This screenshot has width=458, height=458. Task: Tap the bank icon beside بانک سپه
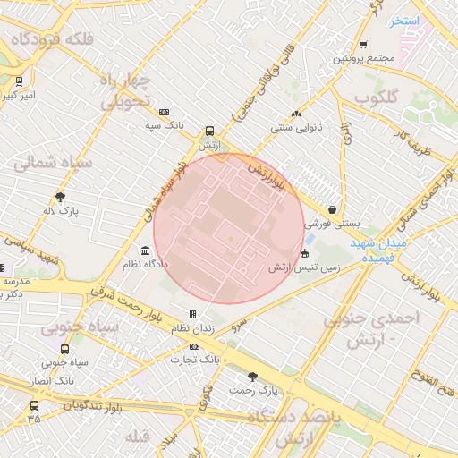coord(164,112)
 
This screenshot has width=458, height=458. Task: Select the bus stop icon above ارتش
coord(209,130)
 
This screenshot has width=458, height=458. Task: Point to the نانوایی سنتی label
coord(296,128)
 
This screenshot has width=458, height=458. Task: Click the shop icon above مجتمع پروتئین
coord(363,45)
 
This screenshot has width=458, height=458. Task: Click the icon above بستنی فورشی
coord(333,209)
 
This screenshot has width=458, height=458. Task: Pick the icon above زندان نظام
coord(192,314)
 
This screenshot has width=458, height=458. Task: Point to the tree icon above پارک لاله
coord(61,198)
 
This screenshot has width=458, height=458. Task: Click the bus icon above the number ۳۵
coord(34,405)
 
